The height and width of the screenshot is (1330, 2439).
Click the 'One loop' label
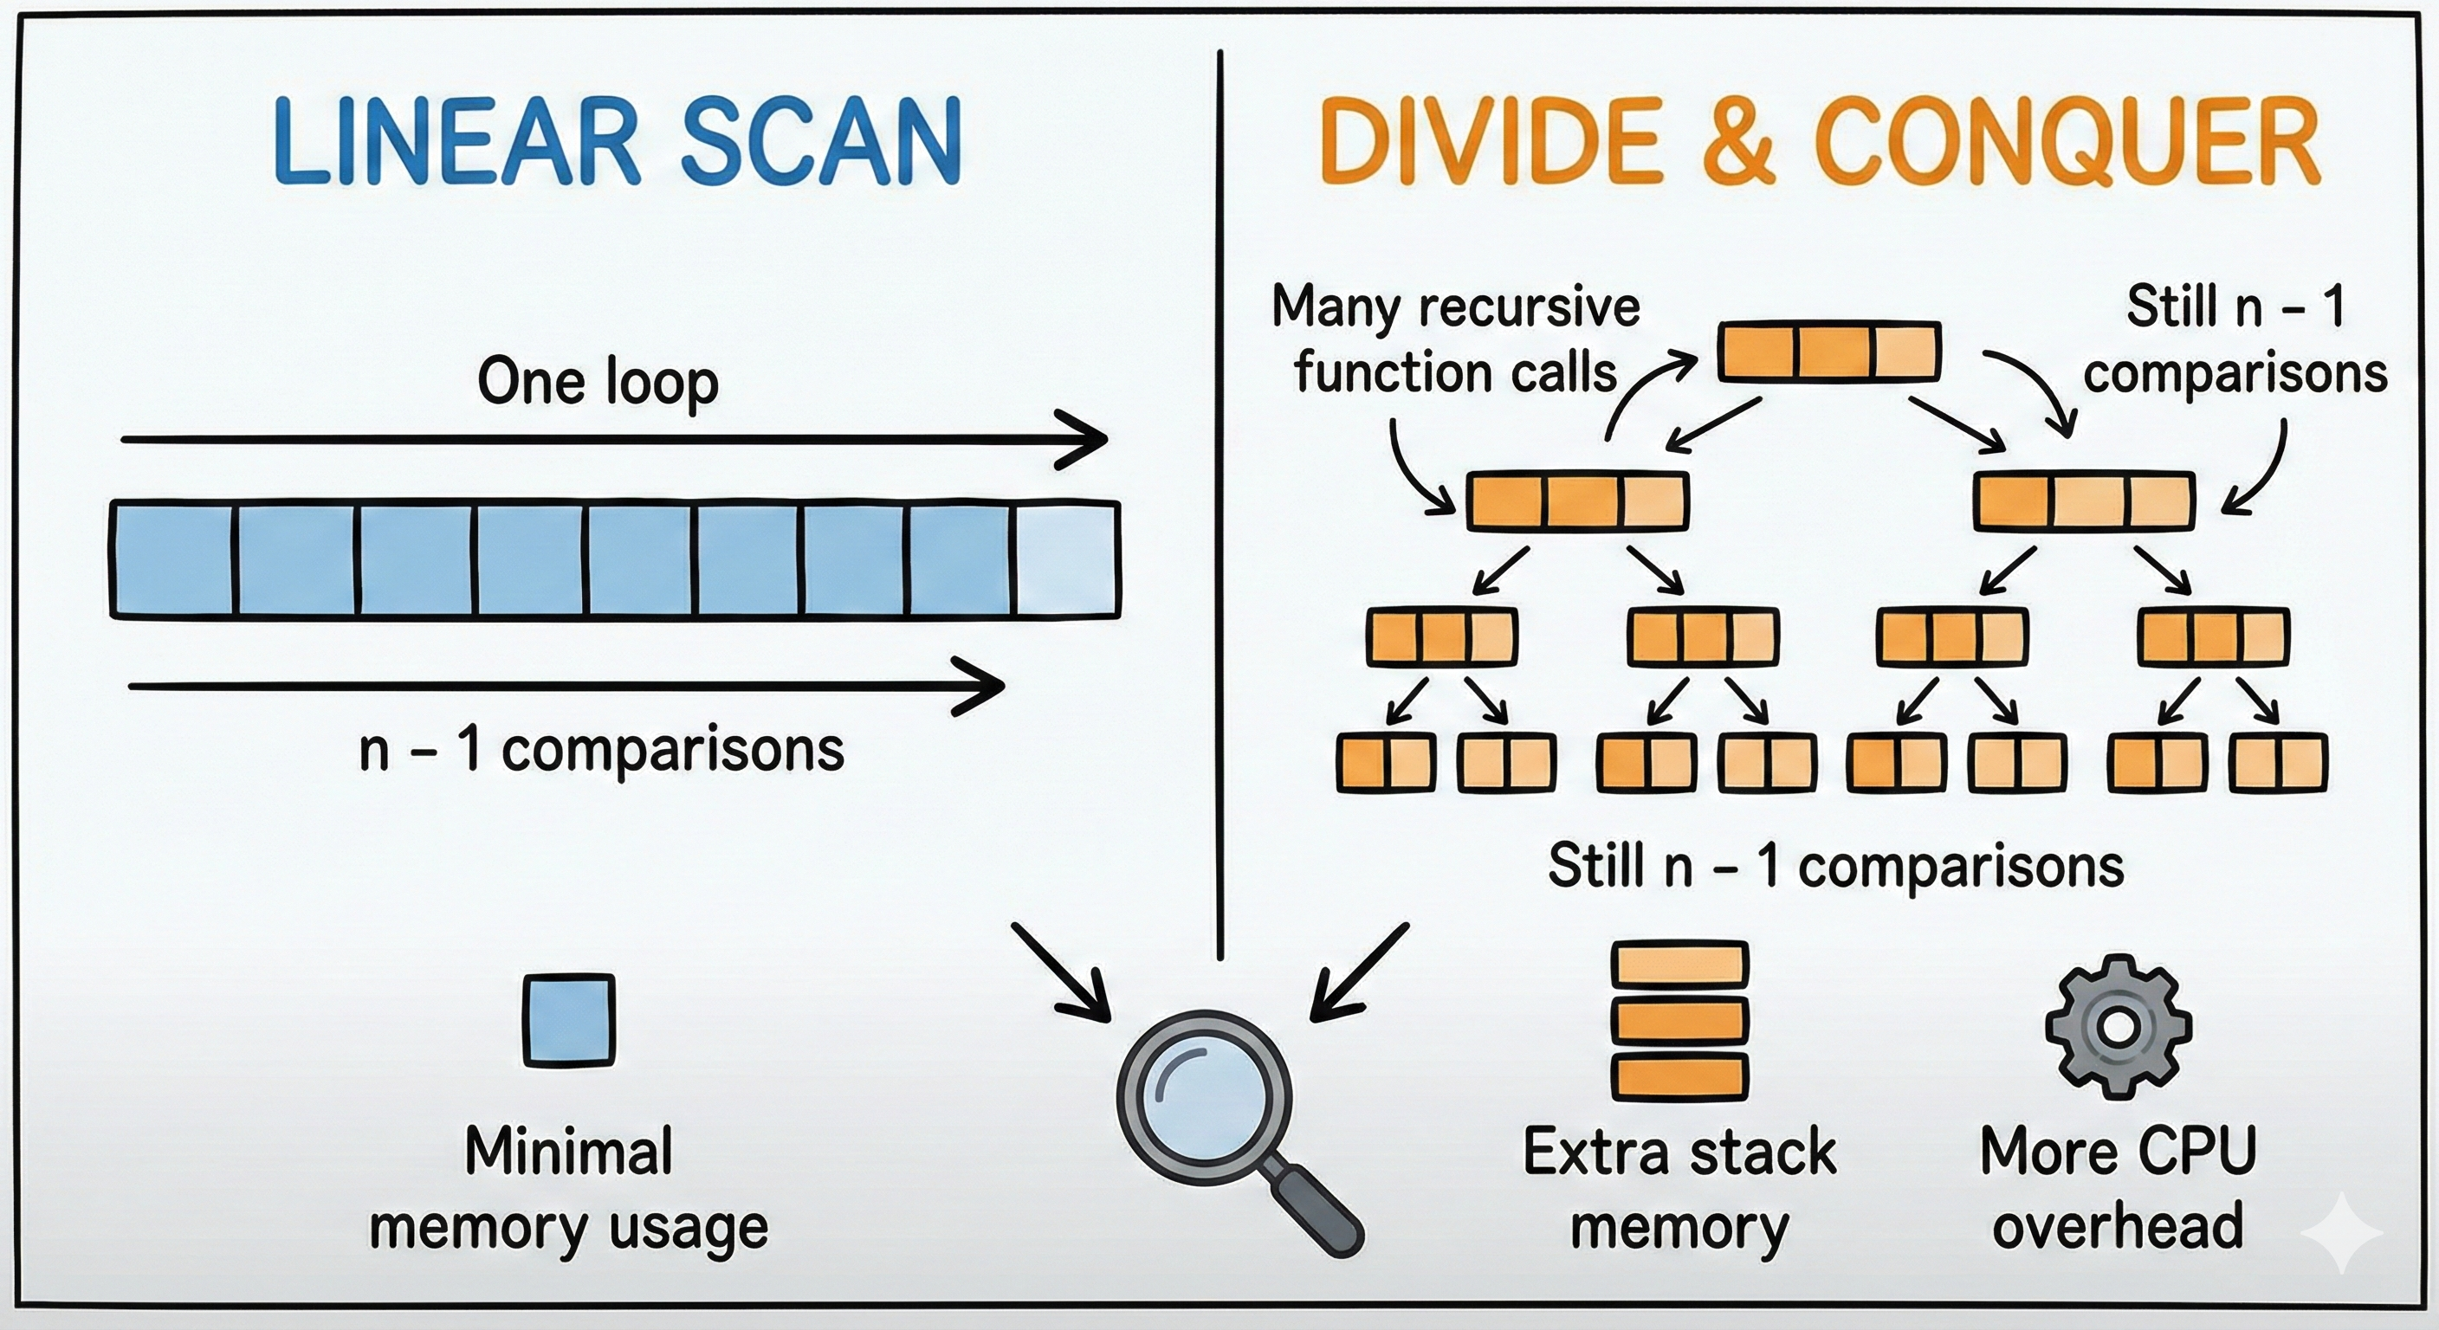click(x=598, y=382)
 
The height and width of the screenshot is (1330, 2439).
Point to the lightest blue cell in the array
click(x=1066, y=560)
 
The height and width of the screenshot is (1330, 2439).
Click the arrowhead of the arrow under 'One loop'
click(x=1089, y=439)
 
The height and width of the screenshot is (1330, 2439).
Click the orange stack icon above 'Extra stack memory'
click(x=1679, y=1021)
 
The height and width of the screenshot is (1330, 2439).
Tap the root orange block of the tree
click(x=1829, y=352)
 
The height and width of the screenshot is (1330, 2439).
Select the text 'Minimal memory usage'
click(x=569, y=1190)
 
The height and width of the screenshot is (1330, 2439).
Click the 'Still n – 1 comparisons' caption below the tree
click(x=1836, y=866)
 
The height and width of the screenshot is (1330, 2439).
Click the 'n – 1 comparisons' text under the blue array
click(x=601, y=750)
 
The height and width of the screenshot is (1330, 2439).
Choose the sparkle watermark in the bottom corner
click(x=2342, y=1232)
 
